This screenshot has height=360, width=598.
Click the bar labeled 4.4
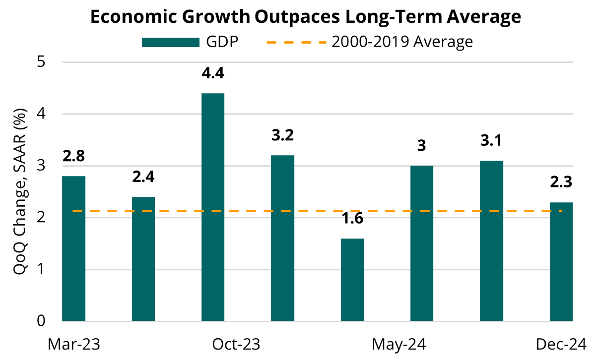click(213, 207)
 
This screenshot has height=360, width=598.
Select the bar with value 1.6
click(352, 280)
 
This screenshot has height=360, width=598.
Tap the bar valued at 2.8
click(73, 248)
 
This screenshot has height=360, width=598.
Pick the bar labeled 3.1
click(492, 240)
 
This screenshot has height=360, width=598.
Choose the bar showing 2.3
click(561, 261)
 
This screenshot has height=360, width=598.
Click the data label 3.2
click(282, 135)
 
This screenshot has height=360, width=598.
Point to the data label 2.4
click(143, 177)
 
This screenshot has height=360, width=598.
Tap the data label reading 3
click(422, 146)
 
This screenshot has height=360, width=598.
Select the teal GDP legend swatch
click(171, 42)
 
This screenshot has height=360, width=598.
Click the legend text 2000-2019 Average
click(402, 42)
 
